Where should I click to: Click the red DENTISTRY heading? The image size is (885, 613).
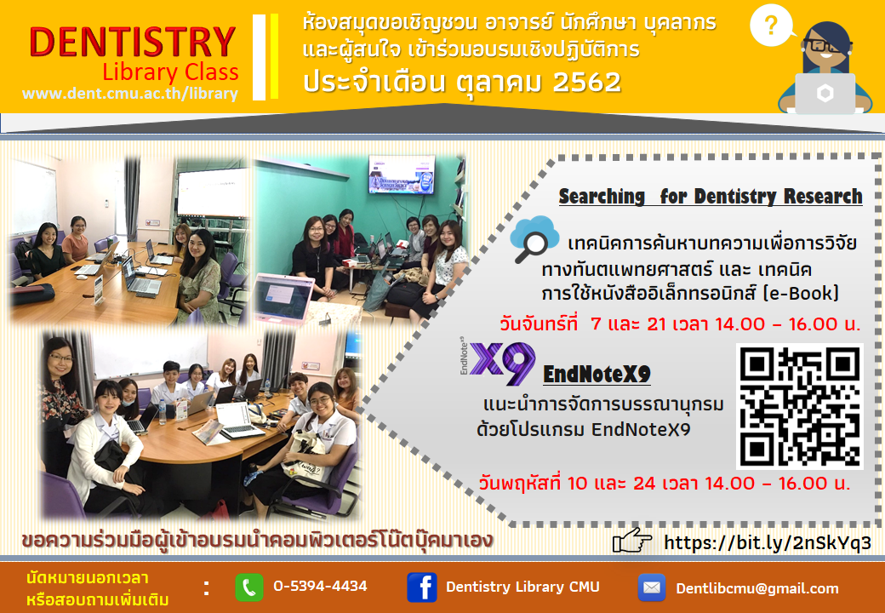[132, 42]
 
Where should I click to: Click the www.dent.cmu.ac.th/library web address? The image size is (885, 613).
[130, 93]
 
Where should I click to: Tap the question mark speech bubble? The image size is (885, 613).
[771, 26]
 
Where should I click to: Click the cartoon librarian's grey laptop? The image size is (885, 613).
[825, 94]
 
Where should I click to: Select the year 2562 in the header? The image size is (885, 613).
[587, 83]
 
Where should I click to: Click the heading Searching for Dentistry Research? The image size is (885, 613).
[711, 197]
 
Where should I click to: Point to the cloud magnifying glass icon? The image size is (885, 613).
[534, 239]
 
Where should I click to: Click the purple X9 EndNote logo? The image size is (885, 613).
[498, 362]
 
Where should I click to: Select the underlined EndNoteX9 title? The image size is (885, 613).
[597, 374]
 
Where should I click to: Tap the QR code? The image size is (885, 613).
[800, 406]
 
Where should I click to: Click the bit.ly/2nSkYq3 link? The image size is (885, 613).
[768, 542]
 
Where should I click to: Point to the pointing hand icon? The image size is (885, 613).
[631, 541]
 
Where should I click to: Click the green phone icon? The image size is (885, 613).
[248, 587]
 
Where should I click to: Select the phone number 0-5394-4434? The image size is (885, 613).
[320, 587]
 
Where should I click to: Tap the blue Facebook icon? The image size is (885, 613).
[421, 587]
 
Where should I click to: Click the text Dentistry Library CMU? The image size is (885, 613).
[522, 587]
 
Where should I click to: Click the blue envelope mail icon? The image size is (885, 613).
[651, 587]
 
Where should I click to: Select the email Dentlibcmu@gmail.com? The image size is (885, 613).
[757, 588]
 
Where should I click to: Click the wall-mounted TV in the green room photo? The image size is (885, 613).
[402, 175]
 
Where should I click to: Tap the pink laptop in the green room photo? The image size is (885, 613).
[284, 299]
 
